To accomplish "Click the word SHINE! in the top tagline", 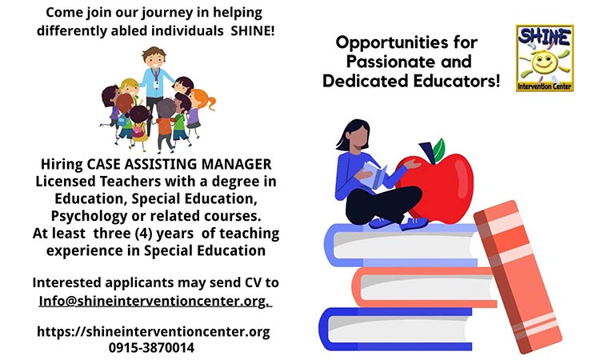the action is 253,30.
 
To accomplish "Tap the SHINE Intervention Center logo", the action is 545,58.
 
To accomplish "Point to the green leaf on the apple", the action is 438,150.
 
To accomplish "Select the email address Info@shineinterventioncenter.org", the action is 154,301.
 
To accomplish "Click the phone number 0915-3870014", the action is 151,347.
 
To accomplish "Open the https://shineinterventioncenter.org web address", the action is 154,332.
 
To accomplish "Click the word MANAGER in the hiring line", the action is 236,164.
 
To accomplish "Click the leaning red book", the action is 518,277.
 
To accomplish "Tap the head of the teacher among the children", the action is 154,58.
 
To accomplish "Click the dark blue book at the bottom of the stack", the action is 395,329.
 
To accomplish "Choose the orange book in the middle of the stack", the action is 424,287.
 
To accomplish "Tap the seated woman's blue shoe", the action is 414,224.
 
